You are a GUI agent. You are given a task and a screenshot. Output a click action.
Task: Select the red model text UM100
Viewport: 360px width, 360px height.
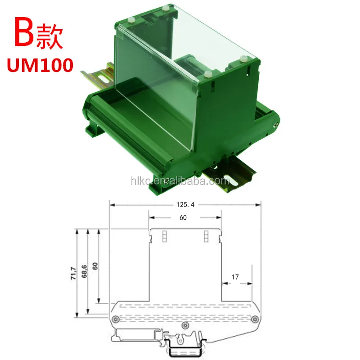tap(40, 65)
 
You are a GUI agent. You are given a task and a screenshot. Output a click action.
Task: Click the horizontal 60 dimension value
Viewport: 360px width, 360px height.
tap(183, 217)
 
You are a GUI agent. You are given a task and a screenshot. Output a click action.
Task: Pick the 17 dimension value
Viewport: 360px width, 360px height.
tap(235, 278)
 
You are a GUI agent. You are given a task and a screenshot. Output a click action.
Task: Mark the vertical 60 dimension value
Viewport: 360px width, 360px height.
tap(96, 265)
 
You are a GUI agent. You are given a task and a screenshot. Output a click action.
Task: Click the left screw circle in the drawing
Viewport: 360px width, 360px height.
tap(116, 319)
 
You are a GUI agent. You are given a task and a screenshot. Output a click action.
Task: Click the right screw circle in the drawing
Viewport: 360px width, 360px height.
tap(255, 319)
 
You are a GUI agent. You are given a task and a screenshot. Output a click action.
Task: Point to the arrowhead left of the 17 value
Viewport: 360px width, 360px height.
tap(225, 284)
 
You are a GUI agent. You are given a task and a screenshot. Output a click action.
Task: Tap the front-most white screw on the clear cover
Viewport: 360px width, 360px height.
tap(207, 73)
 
